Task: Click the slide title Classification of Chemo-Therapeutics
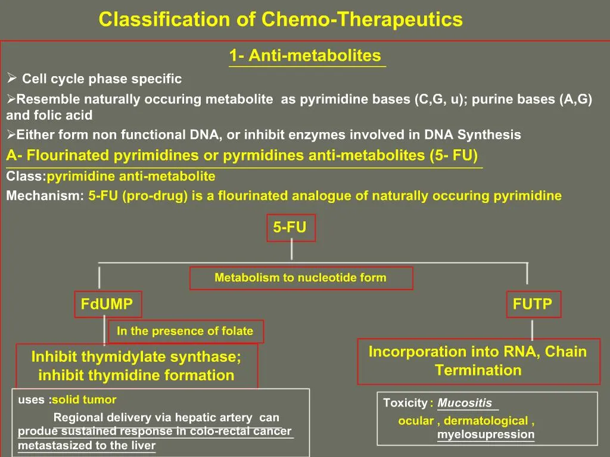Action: (x=281, y=20)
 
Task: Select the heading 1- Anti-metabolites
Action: (x=305, y=56)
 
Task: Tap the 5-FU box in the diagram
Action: (x=290, y=228)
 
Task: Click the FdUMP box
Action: (x=107, y=305)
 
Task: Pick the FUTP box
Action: (x=533, y=305)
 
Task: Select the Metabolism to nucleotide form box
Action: (x=301, y=278)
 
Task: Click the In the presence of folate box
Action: (x=185, y=331)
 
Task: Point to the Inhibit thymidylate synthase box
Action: (x=136, y=366)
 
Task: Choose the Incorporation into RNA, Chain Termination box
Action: (x=478, y=361)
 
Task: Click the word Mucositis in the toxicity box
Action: (x=465, y=403)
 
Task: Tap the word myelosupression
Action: (x=485, y=434)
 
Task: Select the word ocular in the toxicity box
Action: (x=416, y=421)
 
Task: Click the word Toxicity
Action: (x=405, y=403)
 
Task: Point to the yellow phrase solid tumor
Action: (x=84, y=400)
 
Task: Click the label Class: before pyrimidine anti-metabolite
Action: (x=26, y=177)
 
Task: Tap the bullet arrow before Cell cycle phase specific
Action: (x=11, y=79)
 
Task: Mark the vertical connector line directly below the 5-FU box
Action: (x=291, y=249)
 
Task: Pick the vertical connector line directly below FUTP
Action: (x=532, y=328)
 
